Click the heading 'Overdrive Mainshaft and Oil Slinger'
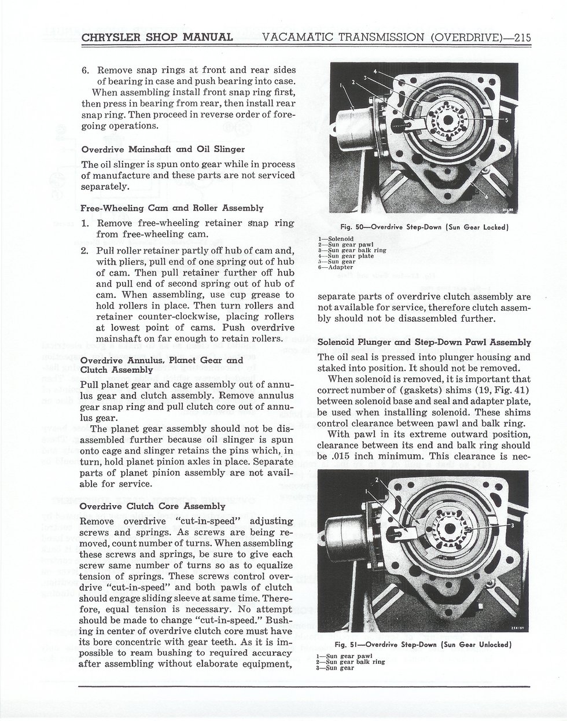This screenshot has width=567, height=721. pos(163,149)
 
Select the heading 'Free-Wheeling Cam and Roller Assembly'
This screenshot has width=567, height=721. pos(172,208)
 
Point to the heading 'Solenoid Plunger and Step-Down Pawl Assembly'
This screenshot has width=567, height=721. pos(424,342)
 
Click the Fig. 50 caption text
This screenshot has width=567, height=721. pos(425,227)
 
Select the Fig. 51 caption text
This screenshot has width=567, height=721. pos(423,644)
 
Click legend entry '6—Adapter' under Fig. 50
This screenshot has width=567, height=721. pos(336,267)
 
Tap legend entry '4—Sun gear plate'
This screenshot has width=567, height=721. pos(346,256)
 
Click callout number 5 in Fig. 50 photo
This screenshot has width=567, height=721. pos(506,120)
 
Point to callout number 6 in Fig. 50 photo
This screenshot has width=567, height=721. pos(487,197)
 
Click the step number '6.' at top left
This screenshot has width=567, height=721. pos(85,71)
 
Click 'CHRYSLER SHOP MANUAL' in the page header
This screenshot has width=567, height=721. pos(157,37)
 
